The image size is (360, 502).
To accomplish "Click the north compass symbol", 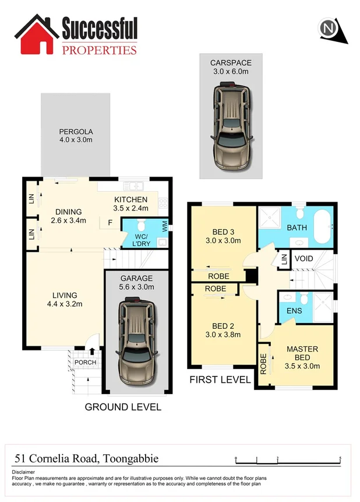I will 330,29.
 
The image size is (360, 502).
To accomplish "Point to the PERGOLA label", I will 75,131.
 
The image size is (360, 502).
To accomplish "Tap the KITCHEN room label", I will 130,200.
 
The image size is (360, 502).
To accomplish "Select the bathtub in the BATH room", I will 322,227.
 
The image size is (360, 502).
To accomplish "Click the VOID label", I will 304,258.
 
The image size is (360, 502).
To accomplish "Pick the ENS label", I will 294,311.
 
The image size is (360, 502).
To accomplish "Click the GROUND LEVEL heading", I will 123,407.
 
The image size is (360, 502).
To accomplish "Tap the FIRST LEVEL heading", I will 220,380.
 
